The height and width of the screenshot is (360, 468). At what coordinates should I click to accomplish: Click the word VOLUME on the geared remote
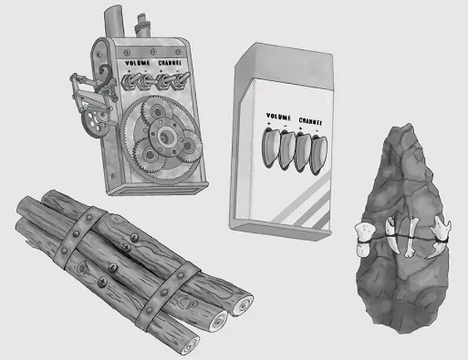(137, 63)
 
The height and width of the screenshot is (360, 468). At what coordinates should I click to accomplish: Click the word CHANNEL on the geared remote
(170, 63)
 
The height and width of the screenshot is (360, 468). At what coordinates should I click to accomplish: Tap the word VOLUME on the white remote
(278, 116)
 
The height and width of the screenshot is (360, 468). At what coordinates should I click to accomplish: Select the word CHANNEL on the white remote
(311, 121)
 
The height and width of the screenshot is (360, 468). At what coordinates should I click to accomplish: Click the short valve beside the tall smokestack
(142, 27)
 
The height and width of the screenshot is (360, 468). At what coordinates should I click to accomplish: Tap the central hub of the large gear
(165, 138)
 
